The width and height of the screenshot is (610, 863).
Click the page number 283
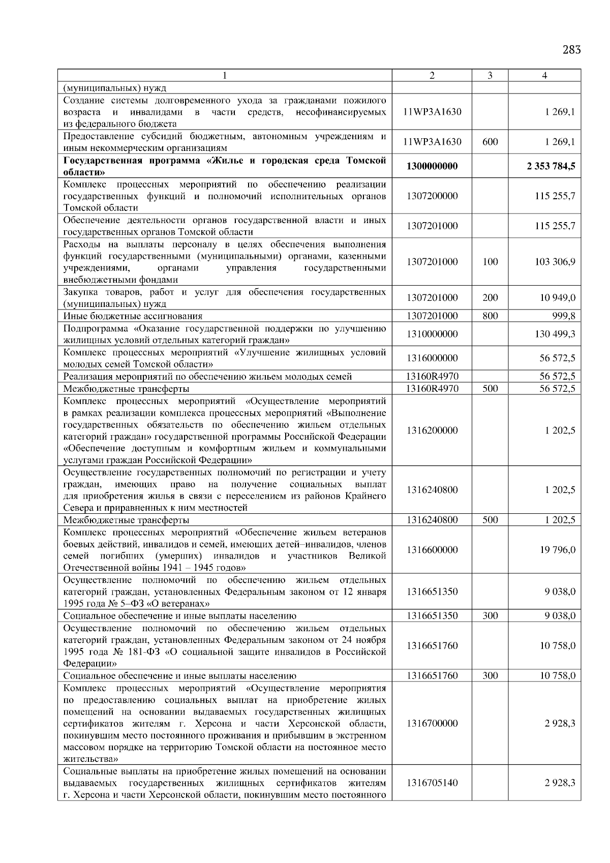coord(571,50)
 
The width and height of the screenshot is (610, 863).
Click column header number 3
coord(490,76)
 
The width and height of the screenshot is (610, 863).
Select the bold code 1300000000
coord(432,166)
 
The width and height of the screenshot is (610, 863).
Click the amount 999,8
coord(564,316)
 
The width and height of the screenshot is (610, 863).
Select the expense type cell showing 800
coord(490,316)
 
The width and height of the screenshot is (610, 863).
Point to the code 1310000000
coord(432,334)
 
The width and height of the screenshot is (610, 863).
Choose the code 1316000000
coord(432,358)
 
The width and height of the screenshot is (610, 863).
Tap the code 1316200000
coord(432,430)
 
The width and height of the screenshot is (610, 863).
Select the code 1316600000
coord(432,550)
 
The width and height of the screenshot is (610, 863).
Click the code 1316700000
coord(432,723)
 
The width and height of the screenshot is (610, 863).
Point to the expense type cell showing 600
coord(490,142)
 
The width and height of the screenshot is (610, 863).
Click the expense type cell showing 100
coord(490,262)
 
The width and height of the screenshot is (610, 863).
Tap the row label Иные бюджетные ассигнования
coord(133,316)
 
